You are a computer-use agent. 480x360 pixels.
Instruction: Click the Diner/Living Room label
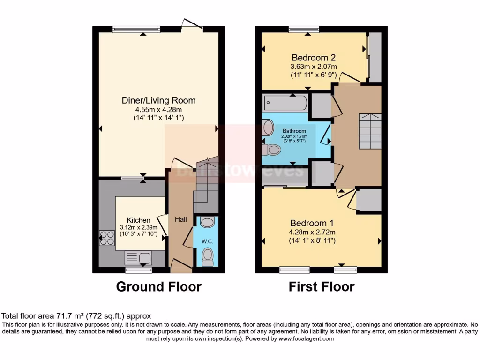click(158, 100)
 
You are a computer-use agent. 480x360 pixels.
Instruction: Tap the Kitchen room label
click(139, 220)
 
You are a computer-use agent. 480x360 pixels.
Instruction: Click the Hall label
click(180, 219)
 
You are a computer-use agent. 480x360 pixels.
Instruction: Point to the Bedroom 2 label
click(314, 58)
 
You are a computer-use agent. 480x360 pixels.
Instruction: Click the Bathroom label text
click(294, 131)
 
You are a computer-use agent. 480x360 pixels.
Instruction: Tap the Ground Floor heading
click(158, 286)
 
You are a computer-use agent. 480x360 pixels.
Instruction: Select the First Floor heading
click(322, 286)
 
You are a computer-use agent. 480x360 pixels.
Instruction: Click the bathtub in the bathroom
click(285, 102)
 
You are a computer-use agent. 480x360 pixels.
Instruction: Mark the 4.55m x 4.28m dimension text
click(158, 110)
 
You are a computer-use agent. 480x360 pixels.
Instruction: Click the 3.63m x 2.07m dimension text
click(314, 67)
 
